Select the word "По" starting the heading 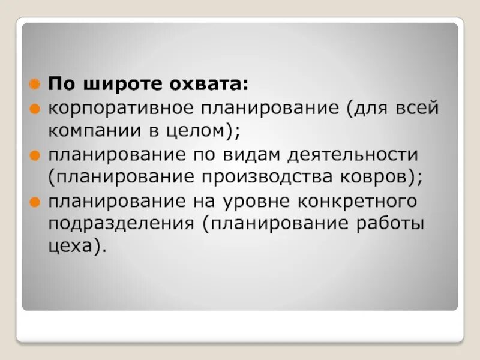point(58,83)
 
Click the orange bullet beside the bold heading point(36,83)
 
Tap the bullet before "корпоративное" point(36,109)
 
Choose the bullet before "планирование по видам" point(36,155)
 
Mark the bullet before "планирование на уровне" point(36,200)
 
